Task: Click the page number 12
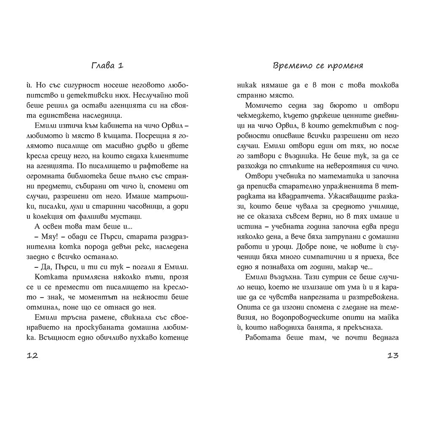click(32, 355)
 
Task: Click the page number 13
click(392, 355)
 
